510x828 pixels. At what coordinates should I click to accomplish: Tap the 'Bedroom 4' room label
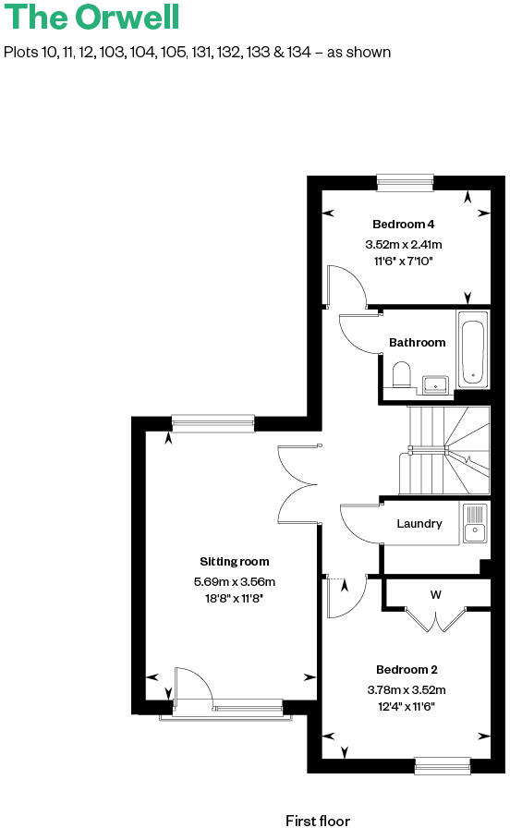403,225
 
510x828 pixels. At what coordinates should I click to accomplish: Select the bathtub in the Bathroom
472,351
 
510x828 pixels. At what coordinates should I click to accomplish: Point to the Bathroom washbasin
435,382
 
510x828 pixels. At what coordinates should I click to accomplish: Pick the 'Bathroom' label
417,343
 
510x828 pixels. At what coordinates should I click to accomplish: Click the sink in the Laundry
474,529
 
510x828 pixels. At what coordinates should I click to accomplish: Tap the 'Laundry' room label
419,524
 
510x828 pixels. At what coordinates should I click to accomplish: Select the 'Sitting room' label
235,562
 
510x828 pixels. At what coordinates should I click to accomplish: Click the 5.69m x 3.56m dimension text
235,582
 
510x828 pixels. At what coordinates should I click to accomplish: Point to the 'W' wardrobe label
435,595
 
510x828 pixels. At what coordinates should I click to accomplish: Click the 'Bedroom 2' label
407,670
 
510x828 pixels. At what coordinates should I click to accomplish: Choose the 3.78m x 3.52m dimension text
407,690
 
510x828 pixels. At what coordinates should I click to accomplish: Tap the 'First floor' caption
318,820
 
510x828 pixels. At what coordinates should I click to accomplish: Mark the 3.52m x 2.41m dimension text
403,245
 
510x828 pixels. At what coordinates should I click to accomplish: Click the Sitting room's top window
212,422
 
